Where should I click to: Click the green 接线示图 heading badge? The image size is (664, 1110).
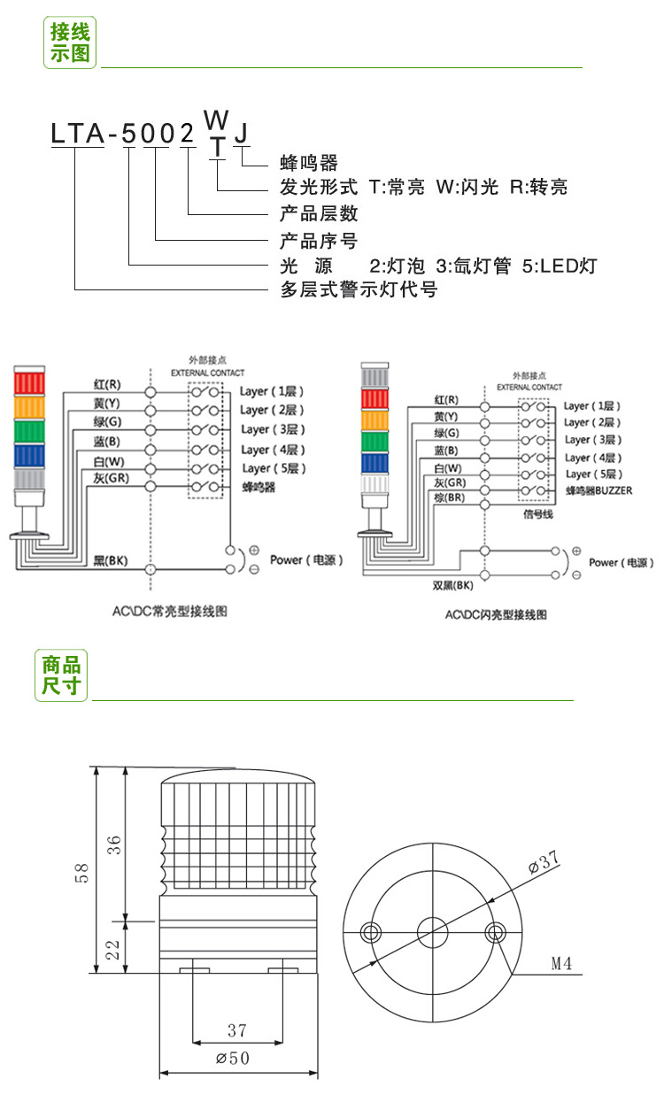point(70,42)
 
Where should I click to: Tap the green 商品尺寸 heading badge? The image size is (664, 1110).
point(61,674)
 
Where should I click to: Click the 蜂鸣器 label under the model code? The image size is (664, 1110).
point(308,163)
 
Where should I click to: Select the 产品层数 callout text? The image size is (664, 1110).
point(319,214)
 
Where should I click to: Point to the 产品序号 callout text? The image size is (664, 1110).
point(319,241)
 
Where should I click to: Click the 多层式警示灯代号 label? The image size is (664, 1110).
point(359,289)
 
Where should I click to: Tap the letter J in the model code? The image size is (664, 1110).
point(241,133)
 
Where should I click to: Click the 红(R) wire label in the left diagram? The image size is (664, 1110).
point(108,385)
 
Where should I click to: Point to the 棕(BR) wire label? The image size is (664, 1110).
point(450,498)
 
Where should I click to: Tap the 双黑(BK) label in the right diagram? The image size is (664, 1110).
point(452,585)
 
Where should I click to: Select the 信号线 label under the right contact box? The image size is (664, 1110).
point(538,514)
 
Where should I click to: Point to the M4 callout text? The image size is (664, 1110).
point(562,963)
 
